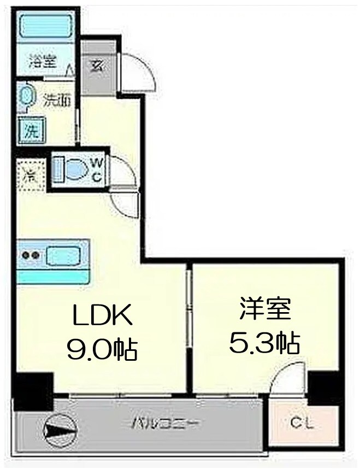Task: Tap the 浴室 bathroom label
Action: pyautogui.click(x=43, y=61)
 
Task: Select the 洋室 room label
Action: pyautogui.click(x=264, y=310)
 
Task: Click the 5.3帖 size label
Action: pyautogui.click(x=264, y=343)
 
